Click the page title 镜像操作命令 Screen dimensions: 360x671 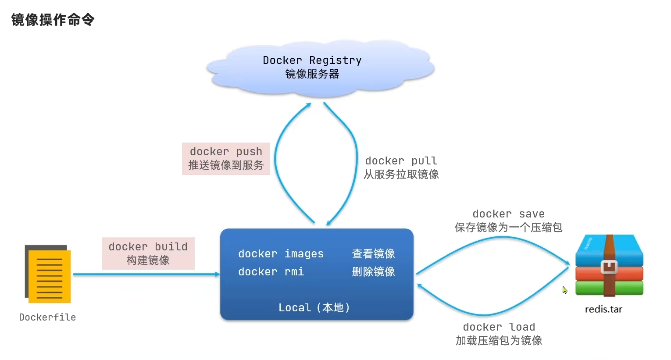pos(53,20)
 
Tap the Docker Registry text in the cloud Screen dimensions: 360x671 pos(312,60)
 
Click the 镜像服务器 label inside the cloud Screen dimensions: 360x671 pos(312,74)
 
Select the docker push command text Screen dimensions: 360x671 pos(226,152)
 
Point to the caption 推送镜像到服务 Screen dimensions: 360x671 pos(226,165)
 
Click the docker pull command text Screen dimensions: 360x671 pos(401,161)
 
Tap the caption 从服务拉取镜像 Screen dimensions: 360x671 pos(401,175)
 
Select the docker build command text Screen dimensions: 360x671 pos(148,247)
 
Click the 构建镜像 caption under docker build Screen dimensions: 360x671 pos(148,260)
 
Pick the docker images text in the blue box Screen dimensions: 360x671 pos(281,254)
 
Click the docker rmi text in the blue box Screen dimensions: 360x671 pos(271,272)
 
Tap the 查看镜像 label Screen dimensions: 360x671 pos(373,254)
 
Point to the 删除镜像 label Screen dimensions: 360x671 pos(373,272)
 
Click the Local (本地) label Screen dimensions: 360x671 pos(314,308)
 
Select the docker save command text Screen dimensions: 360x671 pos(508,214)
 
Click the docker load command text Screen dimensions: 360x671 pos(499,327)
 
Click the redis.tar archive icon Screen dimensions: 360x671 pos(609,266)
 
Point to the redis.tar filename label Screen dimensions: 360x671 pos(603,310)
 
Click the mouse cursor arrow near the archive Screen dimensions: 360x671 pos(564,290)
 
